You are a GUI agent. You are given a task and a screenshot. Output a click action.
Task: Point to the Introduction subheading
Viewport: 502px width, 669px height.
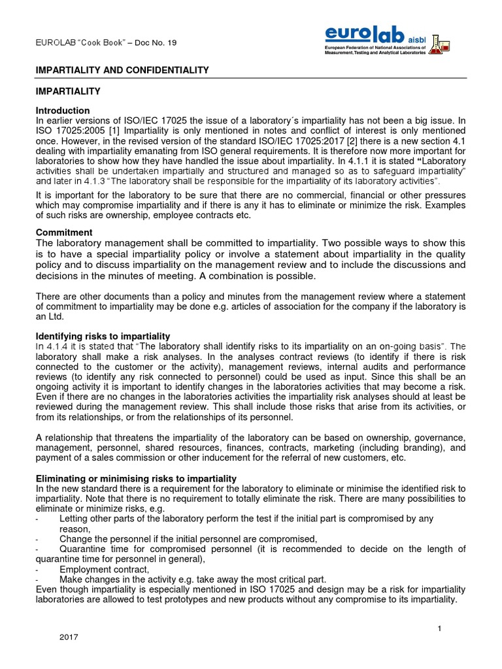point(63,110)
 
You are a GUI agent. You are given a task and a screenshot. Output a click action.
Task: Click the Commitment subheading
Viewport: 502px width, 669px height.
point(65,233)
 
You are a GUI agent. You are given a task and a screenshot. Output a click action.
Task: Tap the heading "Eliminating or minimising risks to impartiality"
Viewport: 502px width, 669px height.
point(136,479)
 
